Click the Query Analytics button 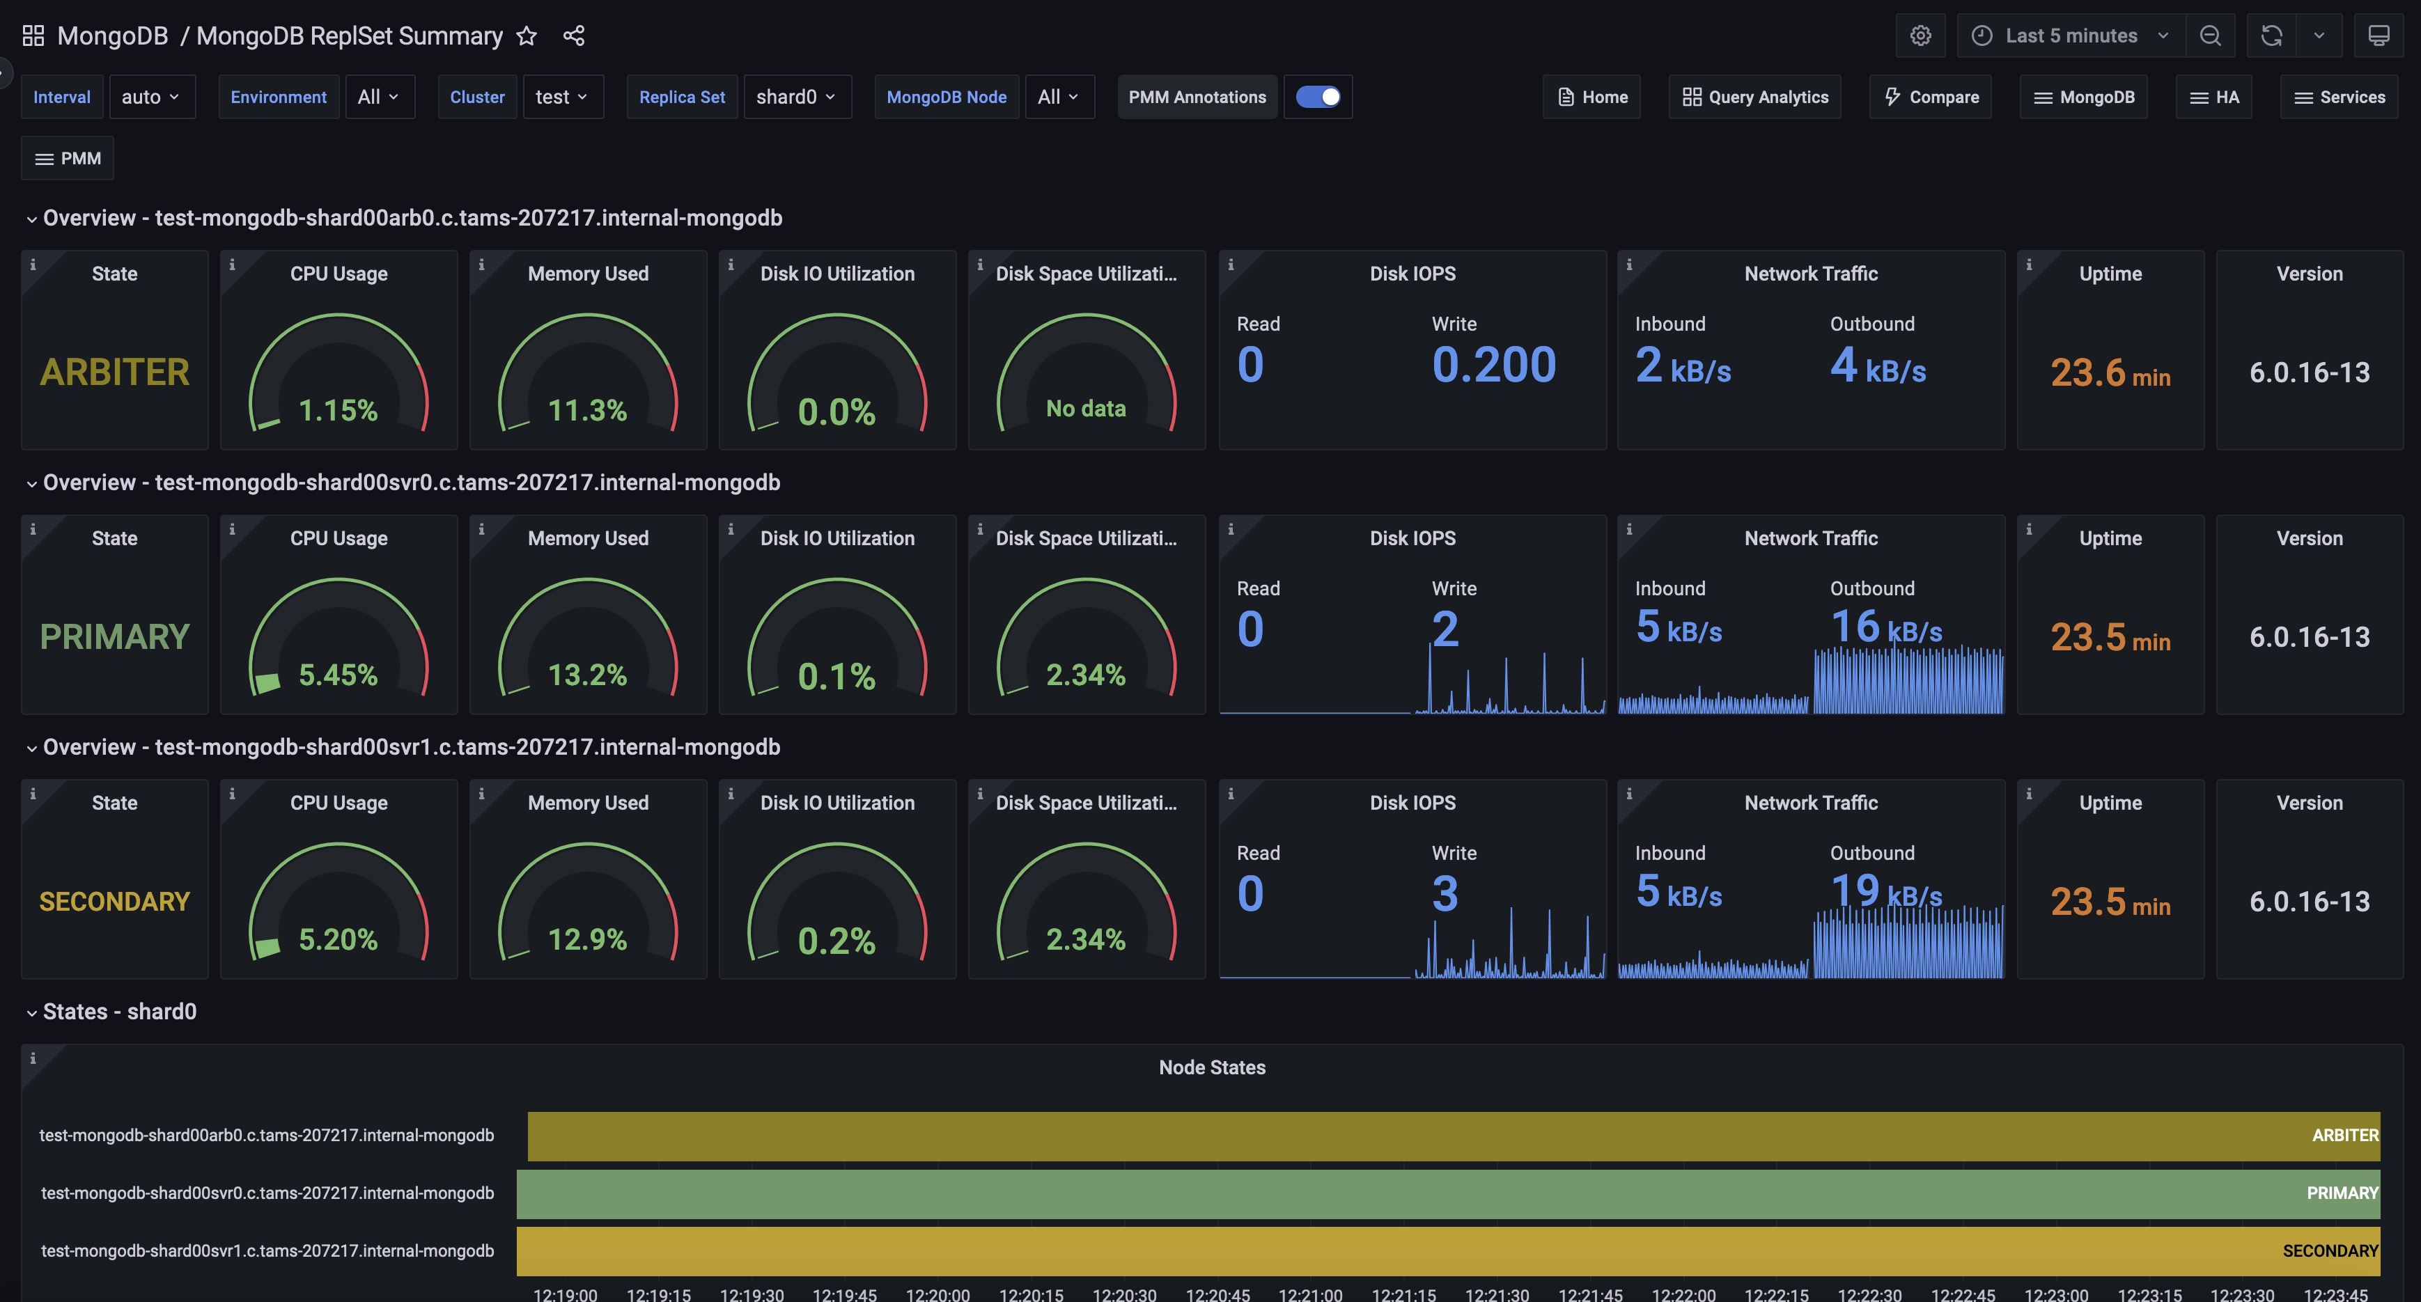tap(1754, 97)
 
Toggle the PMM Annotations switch tap(1318, 97)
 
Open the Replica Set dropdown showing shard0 tap(796, 97)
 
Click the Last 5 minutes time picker tap(2071, 36)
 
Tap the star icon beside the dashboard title tap(527, 36)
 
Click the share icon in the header tap(573, 36)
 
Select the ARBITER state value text tap(115, 372)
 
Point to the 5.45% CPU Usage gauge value tap(338, 675)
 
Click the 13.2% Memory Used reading tap(587, 675)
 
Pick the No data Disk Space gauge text tap(1086, 409)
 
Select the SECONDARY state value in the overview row tap(115, 902)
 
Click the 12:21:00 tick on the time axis tap(1310, 1294)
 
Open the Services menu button tap(2340, 97)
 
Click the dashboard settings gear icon tap(1920, 36)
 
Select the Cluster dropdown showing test tap(561, 97)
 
